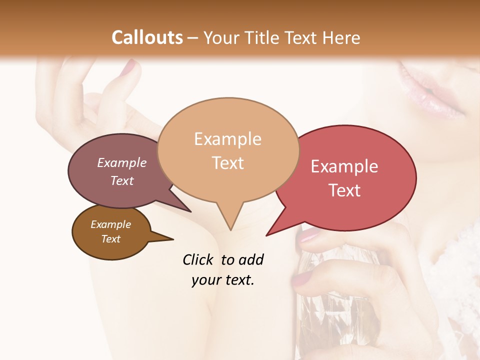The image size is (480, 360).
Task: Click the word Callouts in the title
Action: [x=147, y=37]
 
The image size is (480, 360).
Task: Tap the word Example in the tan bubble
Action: [x=227, y=139]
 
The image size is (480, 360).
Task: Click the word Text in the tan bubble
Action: [x=228, y=163]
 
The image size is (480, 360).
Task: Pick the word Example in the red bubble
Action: [x=344, y=166]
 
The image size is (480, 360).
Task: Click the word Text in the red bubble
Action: [x=345, y=190]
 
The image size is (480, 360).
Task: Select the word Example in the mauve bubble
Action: [x=122, y=162]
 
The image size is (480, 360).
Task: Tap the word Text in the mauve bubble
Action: [x=122, y=180]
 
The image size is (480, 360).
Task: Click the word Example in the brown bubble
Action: [x=111, y=224]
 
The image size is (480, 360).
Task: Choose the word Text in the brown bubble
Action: [x=111, y=239]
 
